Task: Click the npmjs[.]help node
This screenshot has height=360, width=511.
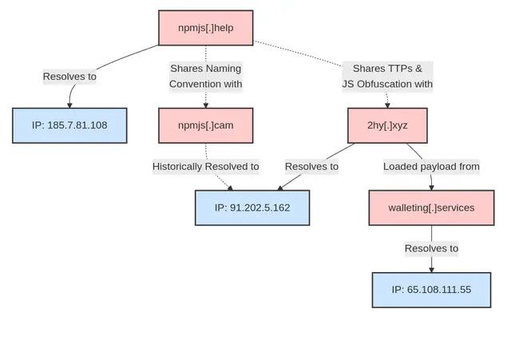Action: (x=205, y=28)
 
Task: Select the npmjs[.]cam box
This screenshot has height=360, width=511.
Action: (x=205, y=125)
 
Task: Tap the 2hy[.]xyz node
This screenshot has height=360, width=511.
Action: (x=387, y=125)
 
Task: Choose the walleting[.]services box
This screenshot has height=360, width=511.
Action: (x=431, y=208)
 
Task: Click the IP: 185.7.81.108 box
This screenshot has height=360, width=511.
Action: (x=69, y=125)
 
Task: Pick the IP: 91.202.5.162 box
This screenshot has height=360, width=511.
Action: (x=252, y=208)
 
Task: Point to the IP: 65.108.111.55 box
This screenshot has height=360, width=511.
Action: (x=431, y=290)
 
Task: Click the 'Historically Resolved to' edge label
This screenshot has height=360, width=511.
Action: (x=206, y=167)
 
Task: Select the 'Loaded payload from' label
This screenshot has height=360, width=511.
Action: (x=431, y=167)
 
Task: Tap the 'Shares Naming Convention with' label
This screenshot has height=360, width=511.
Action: (x=206, y=76)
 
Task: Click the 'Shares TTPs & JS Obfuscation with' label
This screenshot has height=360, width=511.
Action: (x=387, y=76)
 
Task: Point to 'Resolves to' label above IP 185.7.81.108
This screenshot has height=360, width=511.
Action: (x=69, y=77)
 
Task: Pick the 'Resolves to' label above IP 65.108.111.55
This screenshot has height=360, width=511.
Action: (x=431, y=248)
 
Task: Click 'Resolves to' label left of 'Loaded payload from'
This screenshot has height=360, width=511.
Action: (x=311, y=167)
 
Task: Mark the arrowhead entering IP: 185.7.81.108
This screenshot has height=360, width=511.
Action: (x=69, y=105)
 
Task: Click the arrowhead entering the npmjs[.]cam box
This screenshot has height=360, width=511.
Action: (x=206, y=105)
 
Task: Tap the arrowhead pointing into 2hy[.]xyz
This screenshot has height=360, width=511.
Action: (x=387, y=105)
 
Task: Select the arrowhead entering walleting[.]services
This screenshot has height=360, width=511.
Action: (x=431, y=187)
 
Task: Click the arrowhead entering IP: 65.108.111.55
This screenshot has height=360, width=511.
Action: (x=431, y=269)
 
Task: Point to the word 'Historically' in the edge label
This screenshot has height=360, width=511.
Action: (x=177, y=167)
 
